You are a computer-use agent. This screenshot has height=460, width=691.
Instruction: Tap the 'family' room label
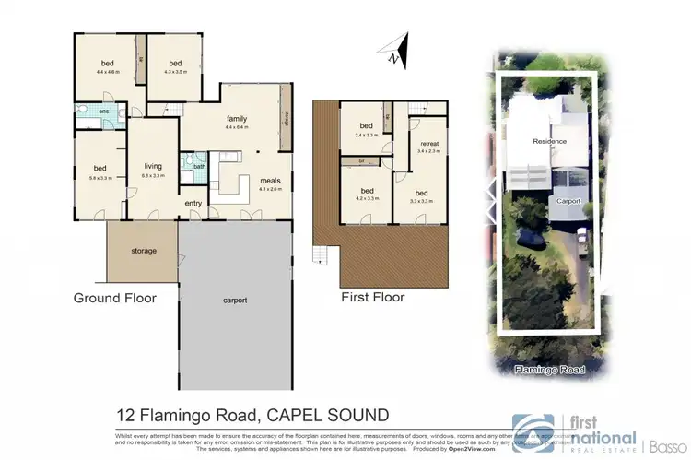pos(237,119)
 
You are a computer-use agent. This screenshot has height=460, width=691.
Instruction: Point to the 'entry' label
pos(194,204)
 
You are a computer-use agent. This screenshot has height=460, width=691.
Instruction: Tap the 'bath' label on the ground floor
pos(199,167)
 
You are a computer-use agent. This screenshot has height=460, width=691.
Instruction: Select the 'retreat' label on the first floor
pos(428,144)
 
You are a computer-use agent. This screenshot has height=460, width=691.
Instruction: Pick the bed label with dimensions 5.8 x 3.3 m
pos(100,168)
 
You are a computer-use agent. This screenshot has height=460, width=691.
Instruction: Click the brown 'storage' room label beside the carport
pos(143,251)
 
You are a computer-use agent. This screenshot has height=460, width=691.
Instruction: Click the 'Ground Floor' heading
pos(115,298)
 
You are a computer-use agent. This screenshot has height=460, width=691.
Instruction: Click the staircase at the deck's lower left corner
pos(320,254)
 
